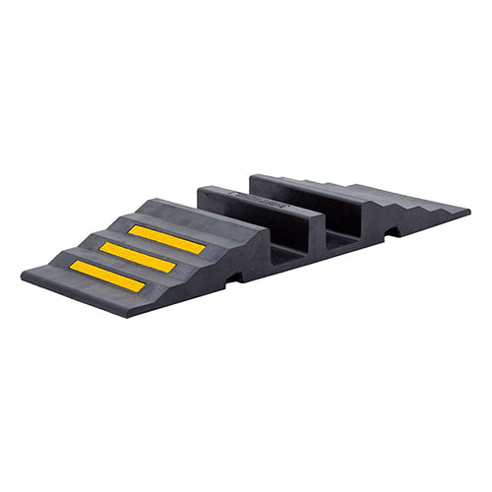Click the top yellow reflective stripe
(x=166, y=239)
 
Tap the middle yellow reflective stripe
(x=138, y=258)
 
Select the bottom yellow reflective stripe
(x=107, y=277)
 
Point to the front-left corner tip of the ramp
(x=25, y=279)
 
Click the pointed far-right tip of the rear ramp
(x=467, y=209)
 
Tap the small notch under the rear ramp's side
(x=393, y=232)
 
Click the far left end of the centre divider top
(x=201, y=189)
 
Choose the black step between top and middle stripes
(x=148, y=247)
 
